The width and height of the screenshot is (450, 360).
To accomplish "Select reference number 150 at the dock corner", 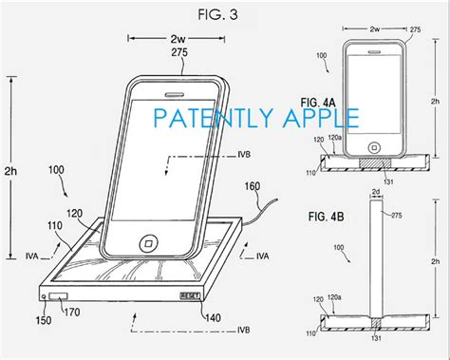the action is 42,320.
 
